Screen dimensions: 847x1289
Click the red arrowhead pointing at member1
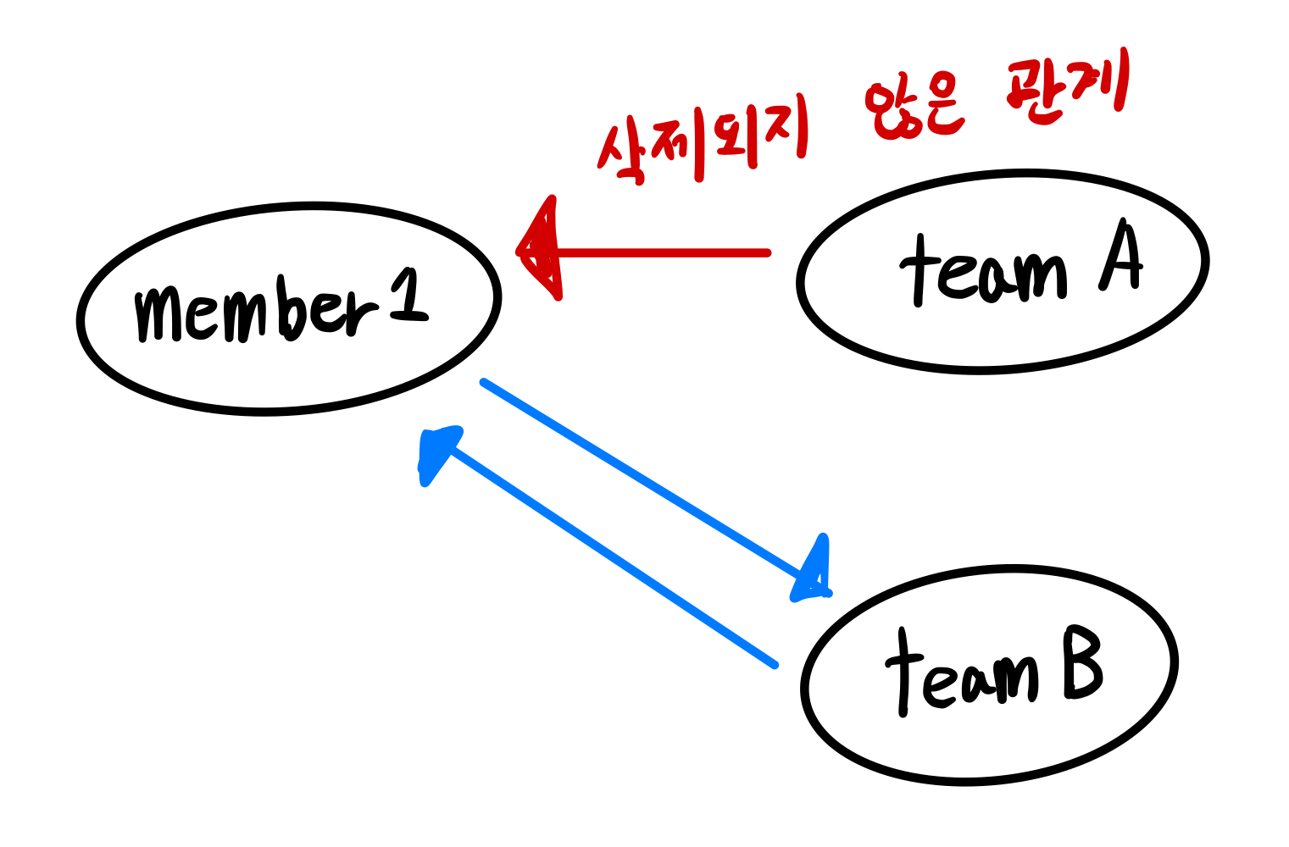pos(541,251)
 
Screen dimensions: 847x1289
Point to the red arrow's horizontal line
pos(661,252)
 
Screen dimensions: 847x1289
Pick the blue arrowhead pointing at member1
pos(436,453)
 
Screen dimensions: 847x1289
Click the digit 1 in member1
pos(409,296)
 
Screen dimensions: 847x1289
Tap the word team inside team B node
pos(962,674)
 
